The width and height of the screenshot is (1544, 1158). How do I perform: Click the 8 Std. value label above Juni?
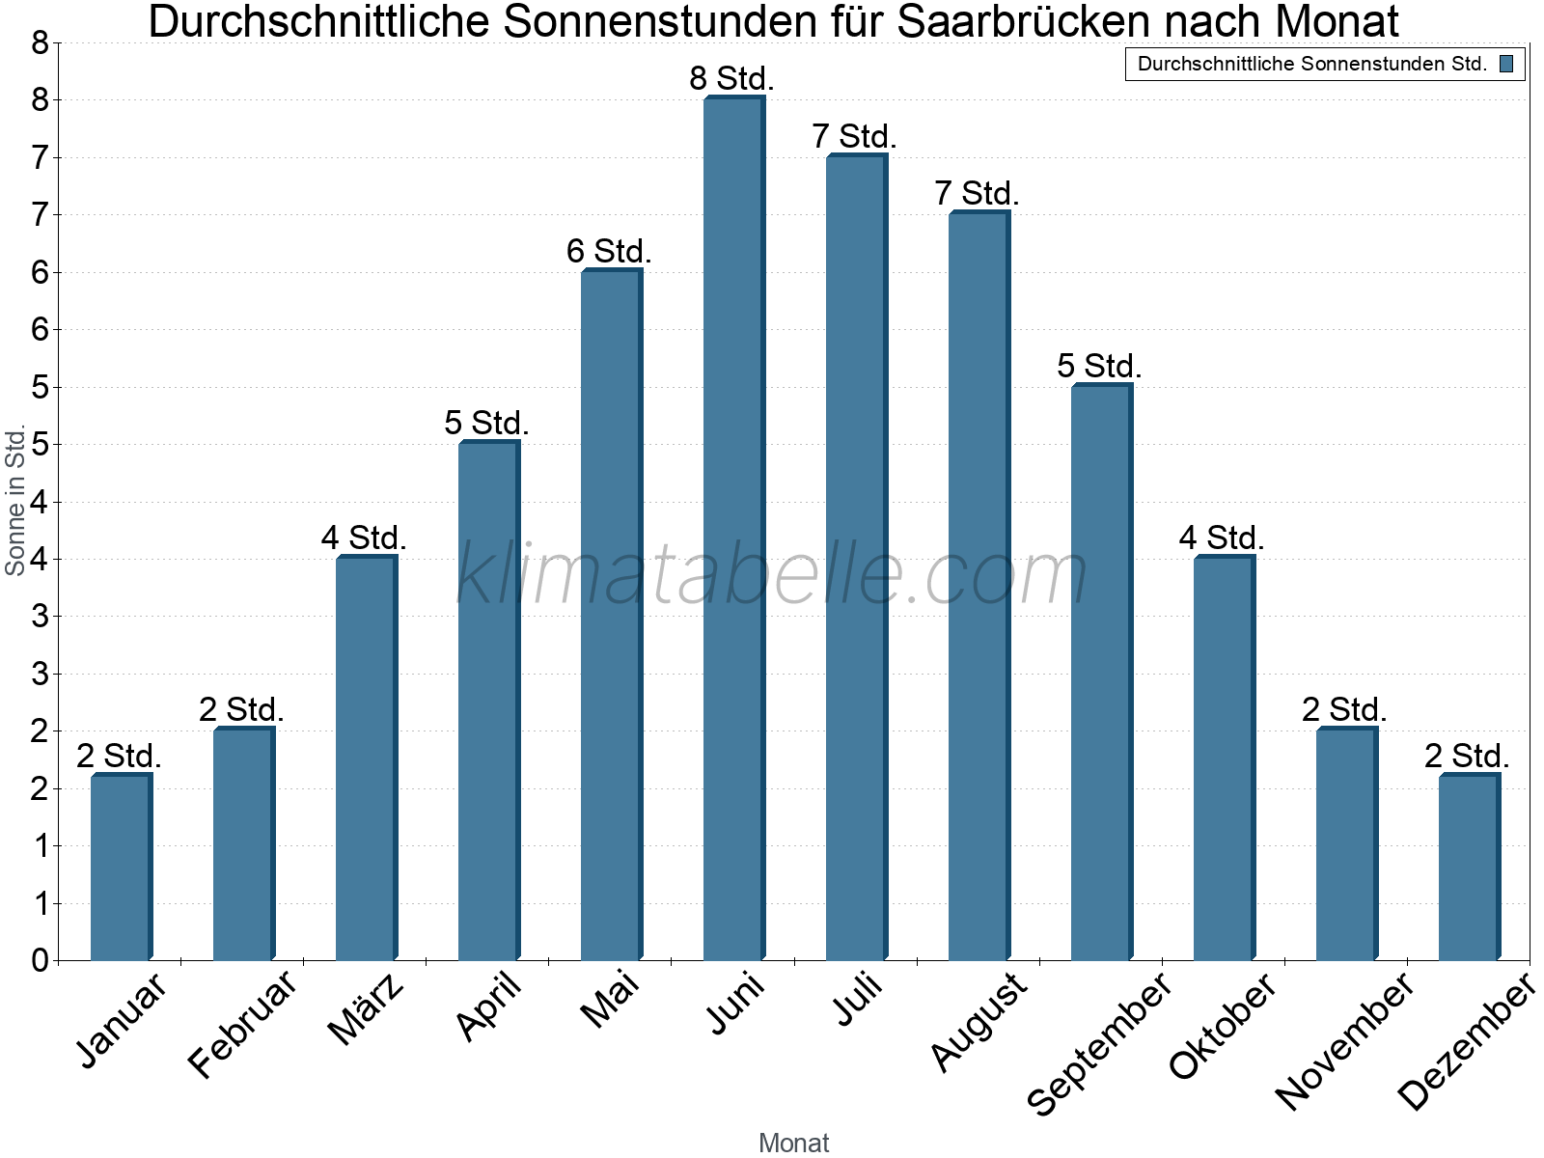coord(731,79)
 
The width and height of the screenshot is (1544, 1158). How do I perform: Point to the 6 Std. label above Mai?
coord(609,252)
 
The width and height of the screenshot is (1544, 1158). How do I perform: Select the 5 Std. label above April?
coord(486,424)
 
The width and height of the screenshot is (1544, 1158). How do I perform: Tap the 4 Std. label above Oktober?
coord(1222,538)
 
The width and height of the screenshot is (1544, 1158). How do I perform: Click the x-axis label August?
coord(979,1021)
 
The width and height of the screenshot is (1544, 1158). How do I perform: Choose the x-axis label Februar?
coord(241,1025)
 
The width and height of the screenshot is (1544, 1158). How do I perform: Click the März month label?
coord(366,1009)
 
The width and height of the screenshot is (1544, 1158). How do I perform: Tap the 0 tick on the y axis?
coord(40,960)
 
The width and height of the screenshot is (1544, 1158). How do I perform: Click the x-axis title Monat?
coord(793,1143)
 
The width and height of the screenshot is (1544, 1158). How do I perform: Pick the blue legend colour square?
coord(1506,65)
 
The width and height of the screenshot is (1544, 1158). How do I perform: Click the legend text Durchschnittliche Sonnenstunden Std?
coord(1311,65)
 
